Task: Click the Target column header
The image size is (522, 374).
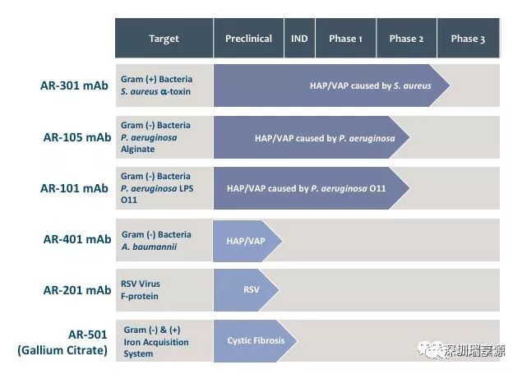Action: click(164, 39)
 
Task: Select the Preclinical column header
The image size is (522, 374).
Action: click(248, 39)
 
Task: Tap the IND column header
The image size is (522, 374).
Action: click(299, 39)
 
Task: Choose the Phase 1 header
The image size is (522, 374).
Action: click(344, 39)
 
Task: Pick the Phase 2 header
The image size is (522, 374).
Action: click(406, 39)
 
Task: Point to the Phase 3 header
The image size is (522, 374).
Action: click(468, 39)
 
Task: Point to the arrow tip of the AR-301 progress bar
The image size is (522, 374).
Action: click(444, 85)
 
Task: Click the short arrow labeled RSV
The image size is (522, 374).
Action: click(247, 290)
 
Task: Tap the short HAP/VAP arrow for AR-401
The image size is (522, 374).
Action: click(247, 239)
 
